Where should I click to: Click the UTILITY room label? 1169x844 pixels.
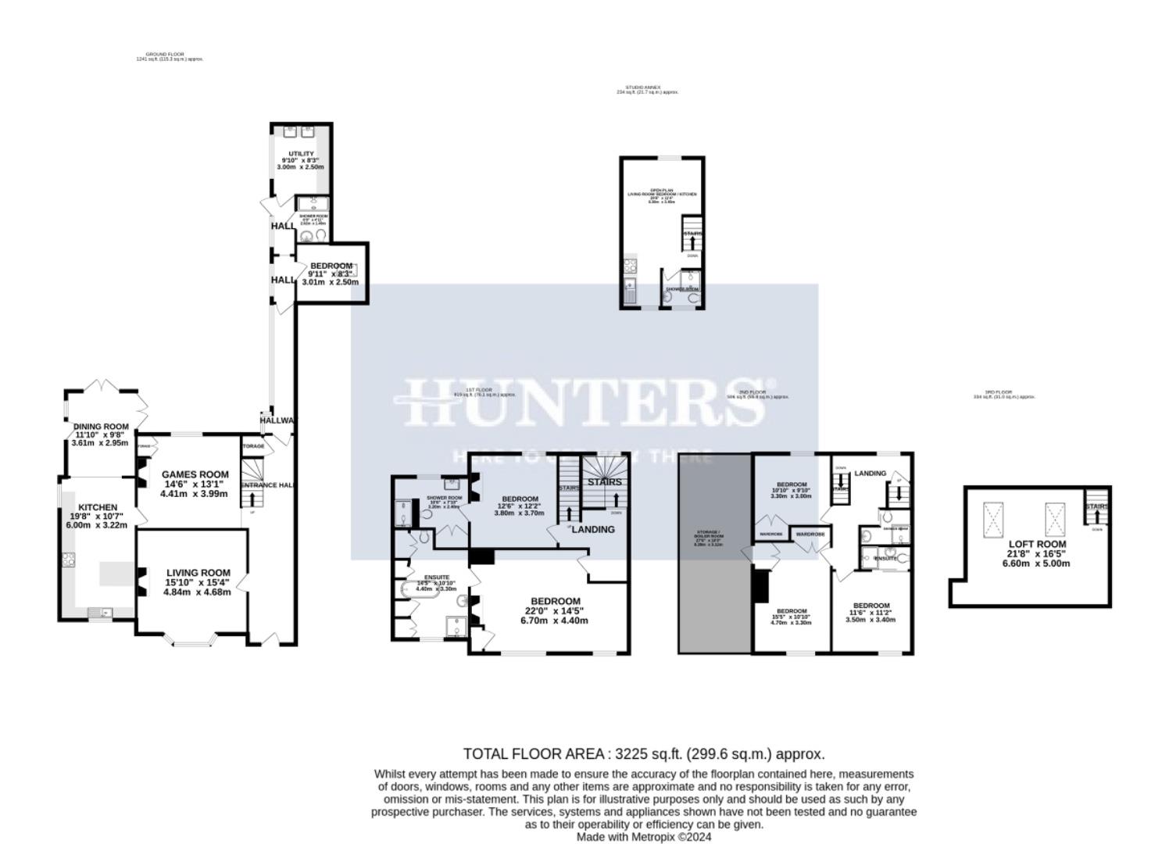301,154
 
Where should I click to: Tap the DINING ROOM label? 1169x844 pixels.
101,427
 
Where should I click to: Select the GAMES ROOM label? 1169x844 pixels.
195,474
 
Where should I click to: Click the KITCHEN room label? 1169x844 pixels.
98,508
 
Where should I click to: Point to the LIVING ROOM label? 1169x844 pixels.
198,573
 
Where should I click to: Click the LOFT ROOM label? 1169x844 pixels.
1037,544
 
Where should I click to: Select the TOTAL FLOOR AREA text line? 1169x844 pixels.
643,754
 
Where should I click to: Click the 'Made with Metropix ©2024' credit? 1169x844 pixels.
643,837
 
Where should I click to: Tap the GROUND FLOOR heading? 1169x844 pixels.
164,54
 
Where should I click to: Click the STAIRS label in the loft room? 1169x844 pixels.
1096,506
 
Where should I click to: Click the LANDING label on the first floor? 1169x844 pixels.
593,529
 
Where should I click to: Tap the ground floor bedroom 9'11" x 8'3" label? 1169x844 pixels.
331,266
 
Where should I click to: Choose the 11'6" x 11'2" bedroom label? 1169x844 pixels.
871,606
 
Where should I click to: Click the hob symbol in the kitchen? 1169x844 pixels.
68,560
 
